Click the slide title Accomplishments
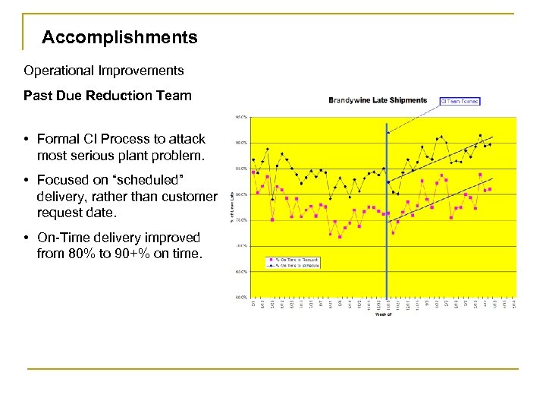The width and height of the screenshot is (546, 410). tap(120, 37)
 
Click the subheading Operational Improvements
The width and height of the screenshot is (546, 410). tap(103, 71)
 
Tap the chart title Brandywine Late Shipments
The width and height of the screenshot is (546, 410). tap(378, 100)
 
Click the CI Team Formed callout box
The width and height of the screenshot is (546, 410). tap(460, 100)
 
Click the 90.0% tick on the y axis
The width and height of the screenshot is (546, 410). tap(240, 143)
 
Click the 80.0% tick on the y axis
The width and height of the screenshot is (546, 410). tap(240, 194)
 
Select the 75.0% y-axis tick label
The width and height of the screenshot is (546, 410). tap(240, 220)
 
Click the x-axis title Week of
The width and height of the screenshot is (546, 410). tap(383, 314)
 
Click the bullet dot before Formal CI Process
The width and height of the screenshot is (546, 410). tap(27, 139)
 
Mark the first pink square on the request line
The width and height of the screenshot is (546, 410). tap(253, 172)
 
